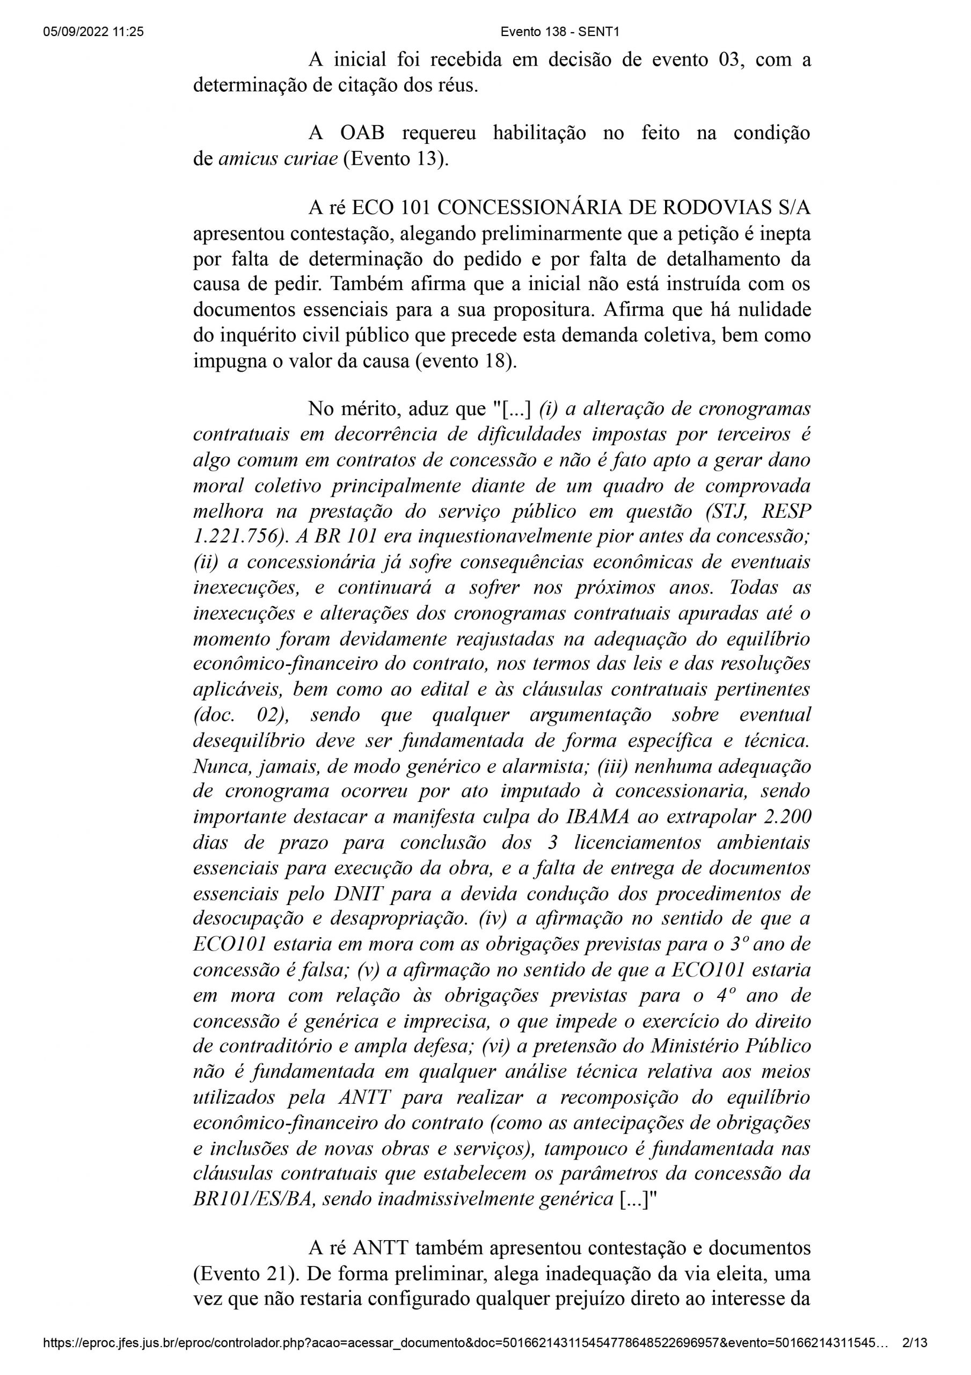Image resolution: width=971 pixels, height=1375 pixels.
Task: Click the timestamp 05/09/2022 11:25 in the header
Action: (x=93, y=32)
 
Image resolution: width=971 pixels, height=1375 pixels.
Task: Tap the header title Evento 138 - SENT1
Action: (x=560, y=32)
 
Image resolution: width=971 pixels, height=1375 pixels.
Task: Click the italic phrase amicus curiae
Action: (x=278, y=160)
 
